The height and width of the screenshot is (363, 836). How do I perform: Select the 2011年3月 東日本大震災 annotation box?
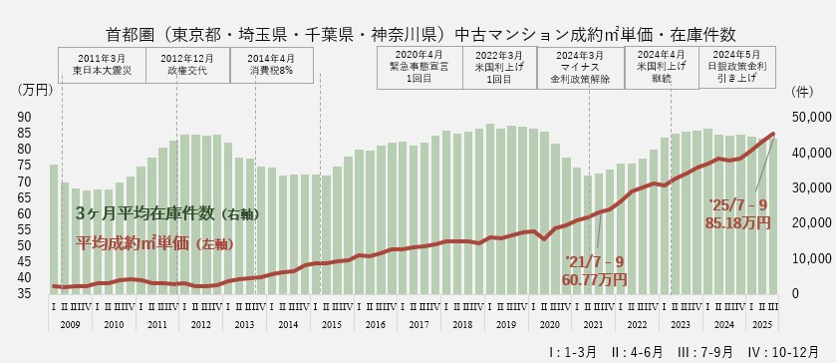103,64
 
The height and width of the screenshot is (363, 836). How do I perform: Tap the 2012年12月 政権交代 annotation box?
187,64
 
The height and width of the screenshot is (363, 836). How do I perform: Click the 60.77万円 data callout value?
596,280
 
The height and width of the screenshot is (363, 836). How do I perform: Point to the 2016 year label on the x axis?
376,325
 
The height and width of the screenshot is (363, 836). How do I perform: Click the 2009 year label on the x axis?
70,325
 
